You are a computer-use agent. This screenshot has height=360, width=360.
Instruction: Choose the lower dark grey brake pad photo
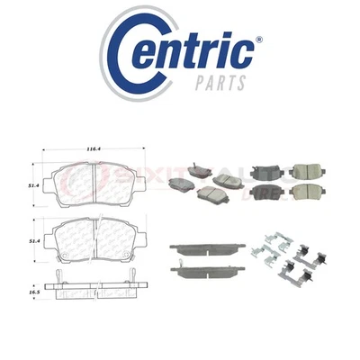267,192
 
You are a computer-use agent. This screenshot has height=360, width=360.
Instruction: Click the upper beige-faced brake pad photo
311,172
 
